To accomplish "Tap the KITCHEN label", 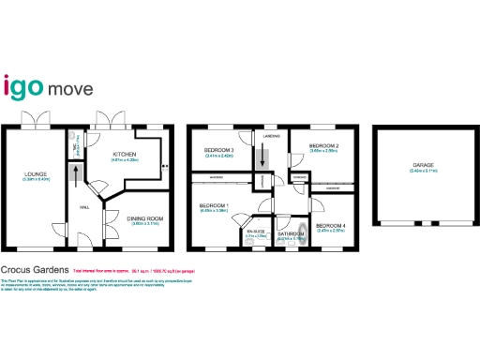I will click(x=126, y=154).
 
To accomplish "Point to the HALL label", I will click(x=83, y=207).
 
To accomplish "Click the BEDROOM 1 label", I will click(x=214, y=204).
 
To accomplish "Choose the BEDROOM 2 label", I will click(x=324, y=146).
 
